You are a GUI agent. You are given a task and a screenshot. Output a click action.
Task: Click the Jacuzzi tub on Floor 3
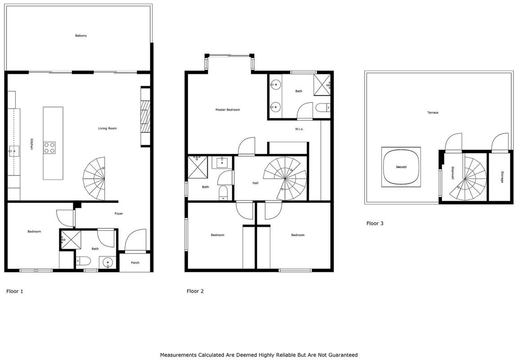[x=401, y=167]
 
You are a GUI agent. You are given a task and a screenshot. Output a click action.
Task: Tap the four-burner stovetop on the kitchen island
[x=49, y=148]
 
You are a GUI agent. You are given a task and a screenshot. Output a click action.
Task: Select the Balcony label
[x=81, y=36]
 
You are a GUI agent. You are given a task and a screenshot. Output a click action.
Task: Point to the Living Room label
[x=107, y=128]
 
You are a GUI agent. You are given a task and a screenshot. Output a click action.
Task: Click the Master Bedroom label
[x=228, y=110]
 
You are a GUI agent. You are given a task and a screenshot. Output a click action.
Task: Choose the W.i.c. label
[x=299, y=129]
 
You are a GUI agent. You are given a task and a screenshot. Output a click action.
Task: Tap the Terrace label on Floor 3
[x=433, y=113]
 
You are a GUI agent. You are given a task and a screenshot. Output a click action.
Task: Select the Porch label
[x=135, y=263]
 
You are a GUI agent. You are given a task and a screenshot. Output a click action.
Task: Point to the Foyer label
[x=119, y=214]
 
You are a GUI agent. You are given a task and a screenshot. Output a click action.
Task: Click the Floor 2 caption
[x=195, y=291]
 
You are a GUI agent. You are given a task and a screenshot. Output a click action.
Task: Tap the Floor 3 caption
[x=375, y=224]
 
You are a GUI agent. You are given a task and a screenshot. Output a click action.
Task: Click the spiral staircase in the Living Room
[x=94, y=179]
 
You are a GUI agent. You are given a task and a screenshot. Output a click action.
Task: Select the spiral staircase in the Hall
[x=285, y=179]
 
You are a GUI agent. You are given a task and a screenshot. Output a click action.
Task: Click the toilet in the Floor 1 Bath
[x=83, y=261]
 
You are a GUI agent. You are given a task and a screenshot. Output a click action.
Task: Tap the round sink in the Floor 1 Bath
[x=108, y=263]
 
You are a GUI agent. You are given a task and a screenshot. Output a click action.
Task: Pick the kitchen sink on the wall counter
[x=14, y=152]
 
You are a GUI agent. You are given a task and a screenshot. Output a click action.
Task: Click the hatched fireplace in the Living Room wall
[x=145, y=117]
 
